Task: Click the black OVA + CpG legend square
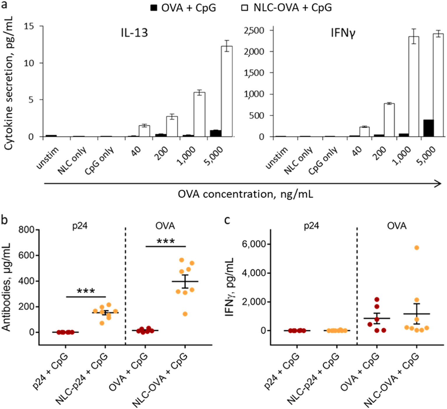(x=154, y=8)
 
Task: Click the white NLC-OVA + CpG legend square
(x=244, y=8)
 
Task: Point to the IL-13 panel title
(x=134, y=33)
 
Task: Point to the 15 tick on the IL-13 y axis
(x=29, y=26)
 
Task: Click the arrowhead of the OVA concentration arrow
(x=438, y=183)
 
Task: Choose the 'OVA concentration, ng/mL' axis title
(x=245, y=194)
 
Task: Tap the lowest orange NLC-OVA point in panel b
(x=185, y=314)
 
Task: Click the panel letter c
(x=227, y=220)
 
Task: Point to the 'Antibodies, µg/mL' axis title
(x=6, y=287)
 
